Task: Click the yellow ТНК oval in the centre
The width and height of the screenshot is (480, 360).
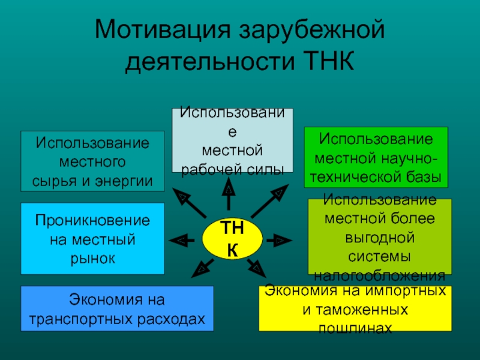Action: pyautogui.click(x=232, y=239)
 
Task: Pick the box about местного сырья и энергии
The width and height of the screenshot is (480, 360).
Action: pyautogui.click(x=92, y=161)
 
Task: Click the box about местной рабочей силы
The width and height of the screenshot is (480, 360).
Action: pyautogui.click(x=233, y=140)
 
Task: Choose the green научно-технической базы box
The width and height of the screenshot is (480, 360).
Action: pyautogui.click(x=376, y=156)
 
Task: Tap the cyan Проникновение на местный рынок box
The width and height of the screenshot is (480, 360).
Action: pyautogui.click(x=92, y=239)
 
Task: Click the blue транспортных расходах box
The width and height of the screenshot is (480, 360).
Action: pyautogui.click(x=117, y=308)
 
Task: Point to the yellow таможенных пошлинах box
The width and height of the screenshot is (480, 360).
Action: pyautogui.click(x=355, y=308)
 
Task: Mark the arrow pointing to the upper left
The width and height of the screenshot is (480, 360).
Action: pyautogui.click(x=188, y=203)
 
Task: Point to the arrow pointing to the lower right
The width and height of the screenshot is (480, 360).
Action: pyautogui.click(x=256, y=266)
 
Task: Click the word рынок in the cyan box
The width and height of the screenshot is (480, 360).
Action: pyautogui.click(x=92, y=257)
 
